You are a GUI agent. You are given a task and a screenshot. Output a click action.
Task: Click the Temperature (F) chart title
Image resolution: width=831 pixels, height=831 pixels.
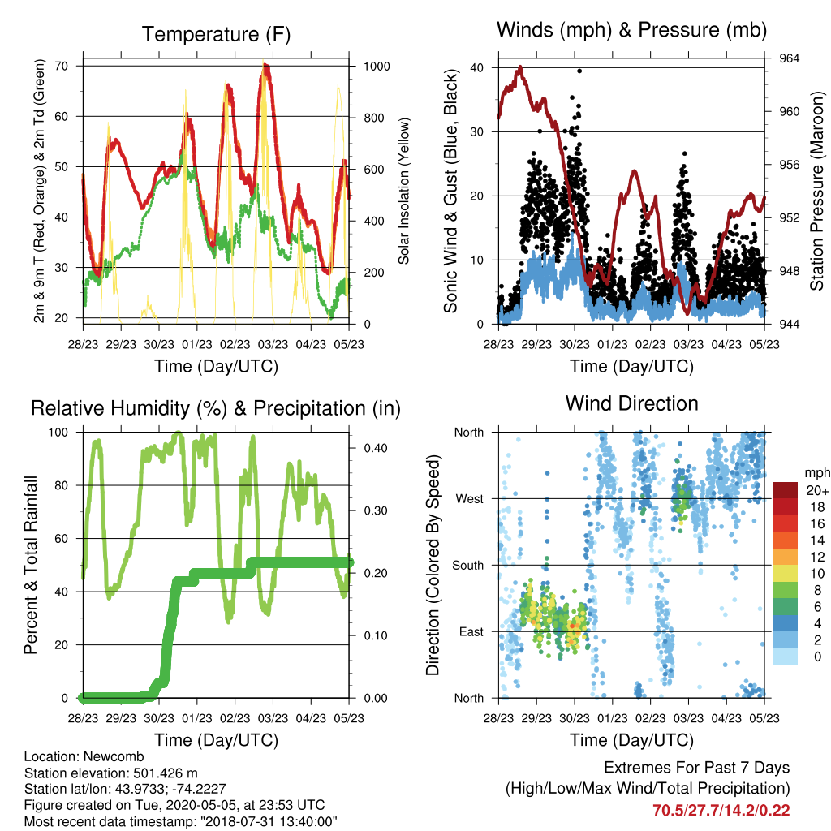(x=216, y=34)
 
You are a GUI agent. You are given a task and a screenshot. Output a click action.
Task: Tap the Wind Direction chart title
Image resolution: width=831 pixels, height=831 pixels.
(x=631, y=403)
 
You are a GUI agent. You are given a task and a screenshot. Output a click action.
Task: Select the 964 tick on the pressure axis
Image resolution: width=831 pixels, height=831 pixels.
(x=789, y=58)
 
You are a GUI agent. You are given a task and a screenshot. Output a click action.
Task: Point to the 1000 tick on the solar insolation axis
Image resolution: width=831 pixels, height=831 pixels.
(x=377, y=67)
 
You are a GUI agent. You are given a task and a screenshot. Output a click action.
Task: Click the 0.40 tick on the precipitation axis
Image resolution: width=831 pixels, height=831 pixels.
(x=375, y=448)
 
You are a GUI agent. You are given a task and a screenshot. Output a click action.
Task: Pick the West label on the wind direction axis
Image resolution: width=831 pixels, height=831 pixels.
(x=469, y=499)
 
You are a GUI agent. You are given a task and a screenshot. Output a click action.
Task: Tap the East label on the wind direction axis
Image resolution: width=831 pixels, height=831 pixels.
(x=471, y=631)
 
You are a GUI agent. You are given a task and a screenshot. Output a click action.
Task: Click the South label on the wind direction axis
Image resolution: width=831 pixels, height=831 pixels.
(x=467, y=566)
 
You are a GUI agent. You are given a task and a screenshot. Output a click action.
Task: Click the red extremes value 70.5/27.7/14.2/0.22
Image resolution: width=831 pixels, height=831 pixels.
(x=721, y=811)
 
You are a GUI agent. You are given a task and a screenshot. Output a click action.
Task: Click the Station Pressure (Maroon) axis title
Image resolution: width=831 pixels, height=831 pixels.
(x=816, y=191)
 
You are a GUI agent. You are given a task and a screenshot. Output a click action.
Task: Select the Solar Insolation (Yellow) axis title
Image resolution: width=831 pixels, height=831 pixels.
(x=404, y=191)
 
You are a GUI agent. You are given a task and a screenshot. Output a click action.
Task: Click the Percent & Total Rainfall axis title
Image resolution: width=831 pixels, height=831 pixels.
(x=31, y=565)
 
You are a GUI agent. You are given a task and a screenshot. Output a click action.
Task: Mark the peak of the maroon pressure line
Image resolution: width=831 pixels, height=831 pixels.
(x=520, y=67)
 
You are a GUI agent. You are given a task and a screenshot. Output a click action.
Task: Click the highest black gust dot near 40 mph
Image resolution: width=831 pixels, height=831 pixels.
(x=579, y=71)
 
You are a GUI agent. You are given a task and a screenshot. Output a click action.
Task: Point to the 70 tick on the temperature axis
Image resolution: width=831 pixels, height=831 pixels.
(x=62, y=67)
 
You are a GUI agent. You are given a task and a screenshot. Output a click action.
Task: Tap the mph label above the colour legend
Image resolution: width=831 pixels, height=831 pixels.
(x=816, y=473)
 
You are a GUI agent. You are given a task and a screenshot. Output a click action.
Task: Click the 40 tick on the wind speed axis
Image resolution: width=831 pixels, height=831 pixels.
(x=477, y=68)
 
